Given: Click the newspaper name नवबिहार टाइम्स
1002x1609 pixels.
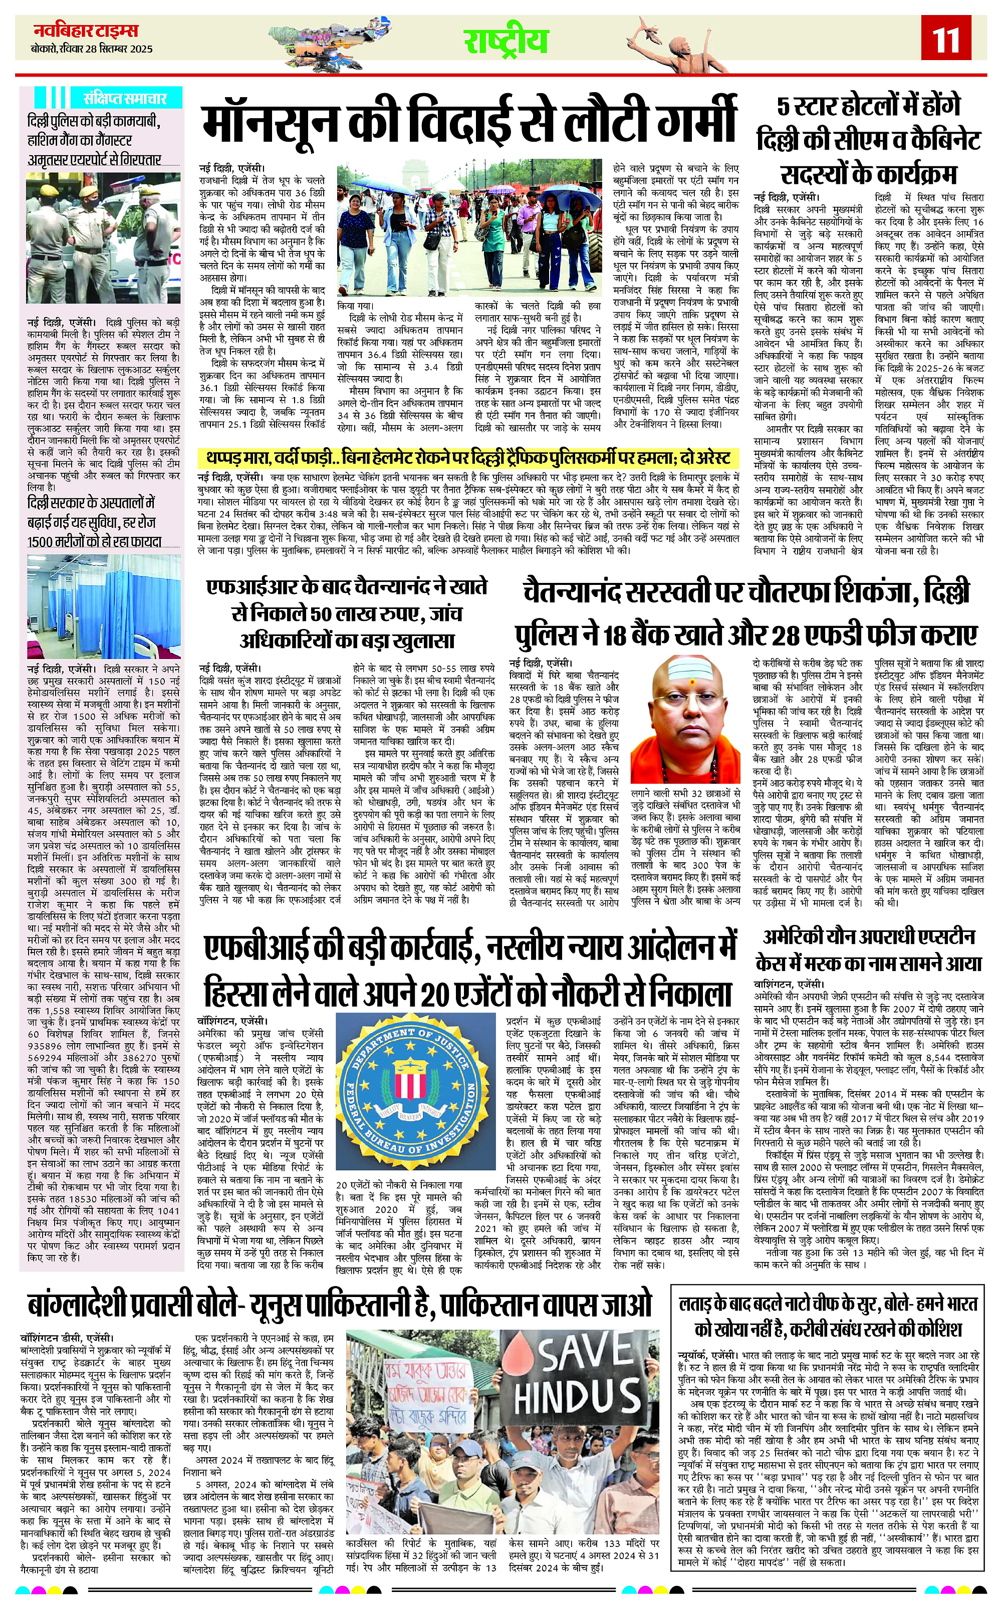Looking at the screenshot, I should coord(86,31).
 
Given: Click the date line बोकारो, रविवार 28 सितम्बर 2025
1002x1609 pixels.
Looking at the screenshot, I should coord(92,49).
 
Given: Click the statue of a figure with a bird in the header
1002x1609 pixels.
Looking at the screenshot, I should coord(669,40).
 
